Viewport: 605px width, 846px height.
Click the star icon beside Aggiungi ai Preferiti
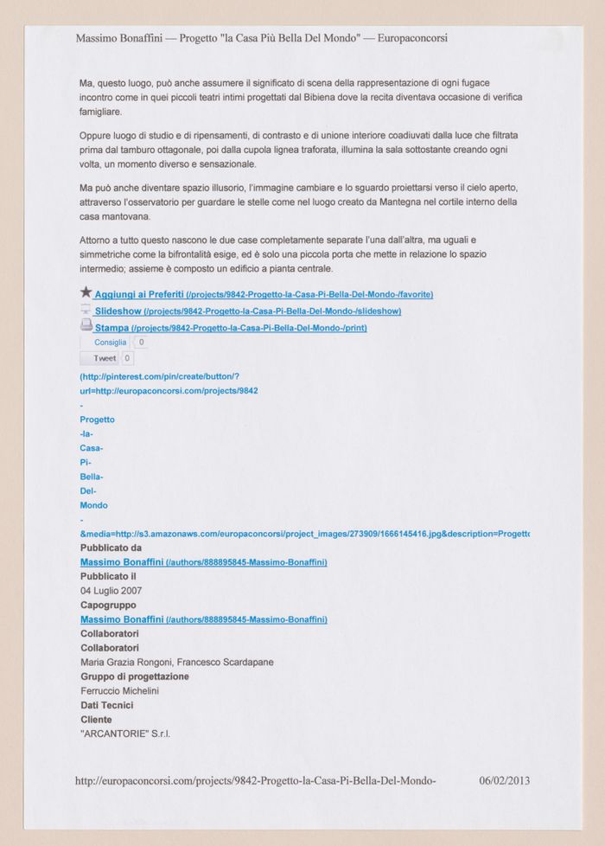[86, 293]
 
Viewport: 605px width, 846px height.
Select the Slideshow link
[119, 311]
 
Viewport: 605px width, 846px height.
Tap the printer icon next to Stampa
[86, 325]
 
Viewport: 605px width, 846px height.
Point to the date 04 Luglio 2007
[111, 591]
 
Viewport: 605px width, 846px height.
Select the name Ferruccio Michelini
[119, 690]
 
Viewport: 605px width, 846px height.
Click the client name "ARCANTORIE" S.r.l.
[124, 734]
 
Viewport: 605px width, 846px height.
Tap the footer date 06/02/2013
[504, 780]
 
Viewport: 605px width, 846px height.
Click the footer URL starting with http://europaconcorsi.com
[255, 780]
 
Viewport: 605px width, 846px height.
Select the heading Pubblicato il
[108, 577]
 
